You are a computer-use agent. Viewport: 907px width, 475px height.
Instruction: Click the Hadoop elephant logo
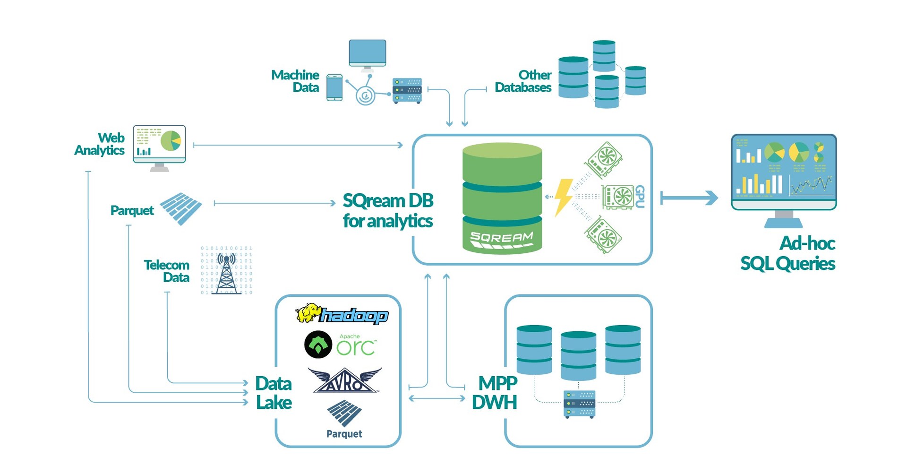[x=342, y=314]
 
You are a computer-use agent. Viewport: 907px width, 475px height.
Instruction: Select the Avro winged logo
[x=345, y=381]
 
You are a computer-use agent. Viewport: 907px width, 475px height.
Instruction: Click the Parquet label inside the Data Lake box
[x=344, y=434]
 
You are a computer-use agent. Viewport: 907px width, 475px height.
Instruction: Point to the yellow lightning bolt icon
[x=563, y=197]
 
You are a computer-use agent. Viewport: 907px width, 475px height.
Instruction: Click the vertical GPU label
[x=640, y=197]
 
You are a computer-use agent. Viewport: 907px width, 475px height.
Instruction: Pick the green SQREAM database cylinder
[x=502, y=199]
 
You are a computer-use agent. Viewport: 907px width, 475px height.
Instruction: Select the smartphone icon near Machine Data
[x=334, y=87]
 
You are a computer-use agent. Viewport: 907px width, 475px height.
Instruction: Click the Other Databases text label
[x=523, y=81]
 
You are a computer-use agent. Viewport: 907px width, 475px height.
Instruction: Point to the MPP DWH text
[x=495, y=393]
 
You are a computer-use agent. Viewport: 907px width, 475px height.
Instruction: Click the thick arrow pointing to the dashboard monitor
[x=689, y=198]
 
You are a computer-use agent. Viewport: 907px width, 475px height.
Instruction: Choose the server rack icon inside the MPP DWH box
[x=579, y=404]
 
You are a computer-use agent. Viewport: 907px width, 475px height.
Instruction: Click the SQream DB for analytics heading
[x=388, y=211]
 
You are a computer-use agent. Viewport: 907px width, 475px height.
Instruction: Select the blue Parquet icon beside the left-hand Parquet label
[x=181, y=208]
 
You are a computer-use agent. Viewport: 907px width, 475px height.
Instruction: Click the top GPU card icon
[x=604, y=159]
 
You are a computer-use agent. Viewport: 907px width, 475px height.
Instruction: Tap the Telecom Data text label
[x=167, y=271]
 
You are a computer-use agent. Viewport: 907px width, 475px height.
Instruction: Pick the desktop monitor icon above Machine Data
[x=367, y=53]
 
